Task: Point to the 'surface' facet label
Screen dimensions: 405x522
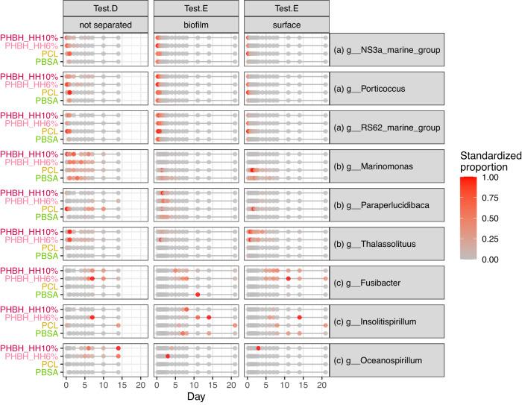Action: (x=286, y=24)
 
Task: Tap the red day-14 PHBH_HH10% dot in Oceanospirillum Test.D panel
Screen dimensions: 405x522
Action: (x=118, y=348)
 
